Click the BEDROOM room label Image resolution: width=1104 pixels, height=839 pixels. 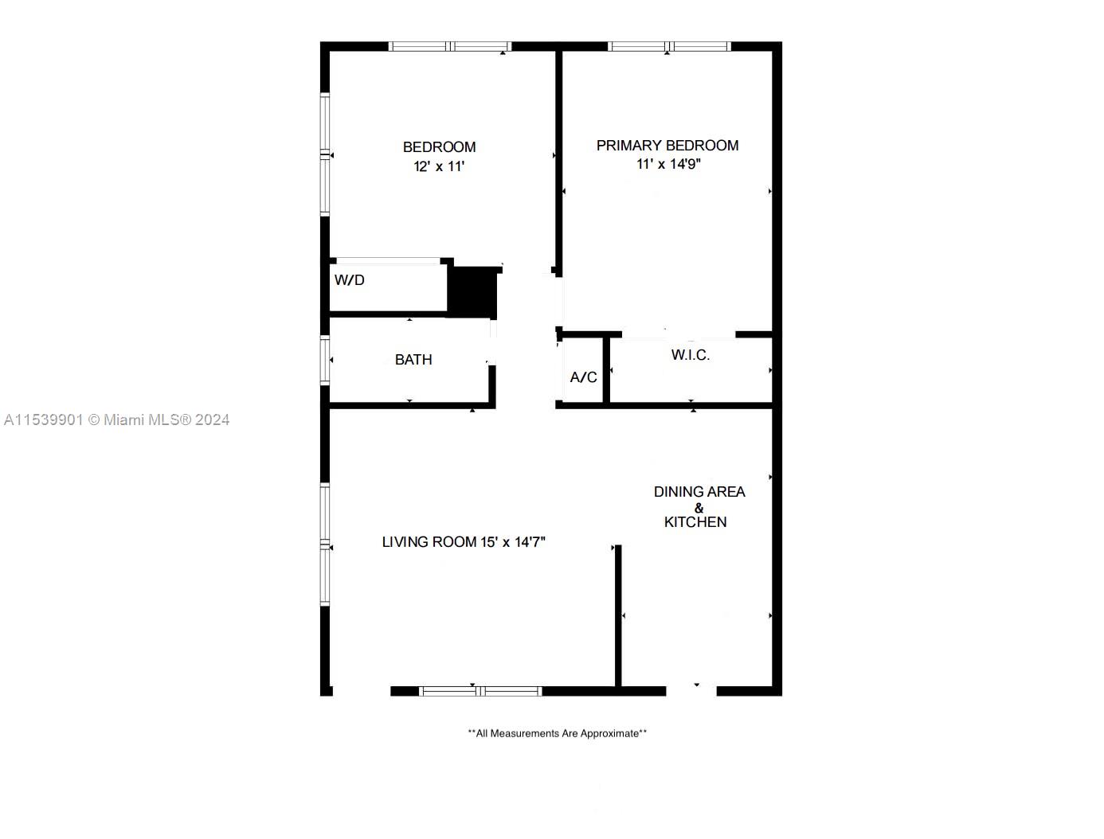(x=439, y=147)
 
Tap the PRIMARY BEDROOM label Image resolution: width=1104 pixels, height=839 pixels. (x=667, y=146)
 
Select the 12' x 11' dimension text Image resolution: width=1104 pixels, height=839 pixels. (x=439, y=166)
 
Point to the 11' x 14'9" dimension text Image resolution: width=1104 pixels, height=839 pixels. (x=668, y=165)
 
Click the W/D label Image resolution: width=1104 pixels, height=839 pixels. (x=350, y=280)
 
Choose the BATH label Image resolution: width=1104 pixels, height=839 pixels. (x=413, y=360)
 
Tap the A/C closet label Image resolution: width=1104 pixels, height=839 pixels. (x=583, y=377)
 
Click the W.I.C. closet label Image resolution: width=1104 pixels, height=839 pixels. (x=691, y=355)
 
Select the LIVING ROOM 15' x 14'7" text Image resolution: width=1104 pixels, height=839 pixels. (x=464, y=542)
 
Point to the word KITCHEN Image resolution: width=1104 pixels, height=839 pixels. (x=695, y=522)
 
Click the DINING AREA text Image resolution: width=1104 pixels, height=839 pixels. (x=699, y=492)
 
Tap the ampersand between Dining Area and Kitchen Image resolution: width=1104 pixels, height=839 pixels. (x=699, y=508)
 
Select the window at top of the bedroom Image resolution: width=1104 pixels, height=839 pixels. (x=450, y=47)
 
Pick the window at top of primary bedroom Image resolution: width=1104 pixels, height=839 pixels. (x=669, y=47)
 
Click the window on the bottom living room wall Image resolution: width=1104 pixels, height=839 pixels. (x=480, y=691)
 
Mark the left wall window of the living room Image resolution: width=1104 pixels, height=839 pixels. (x=325, y=544)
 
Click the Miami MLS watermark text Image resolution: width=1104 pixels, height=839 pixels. (x=116, y=419)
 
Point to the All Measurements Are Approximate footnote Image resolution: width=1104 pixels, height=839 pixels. (x=557, y=733)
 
